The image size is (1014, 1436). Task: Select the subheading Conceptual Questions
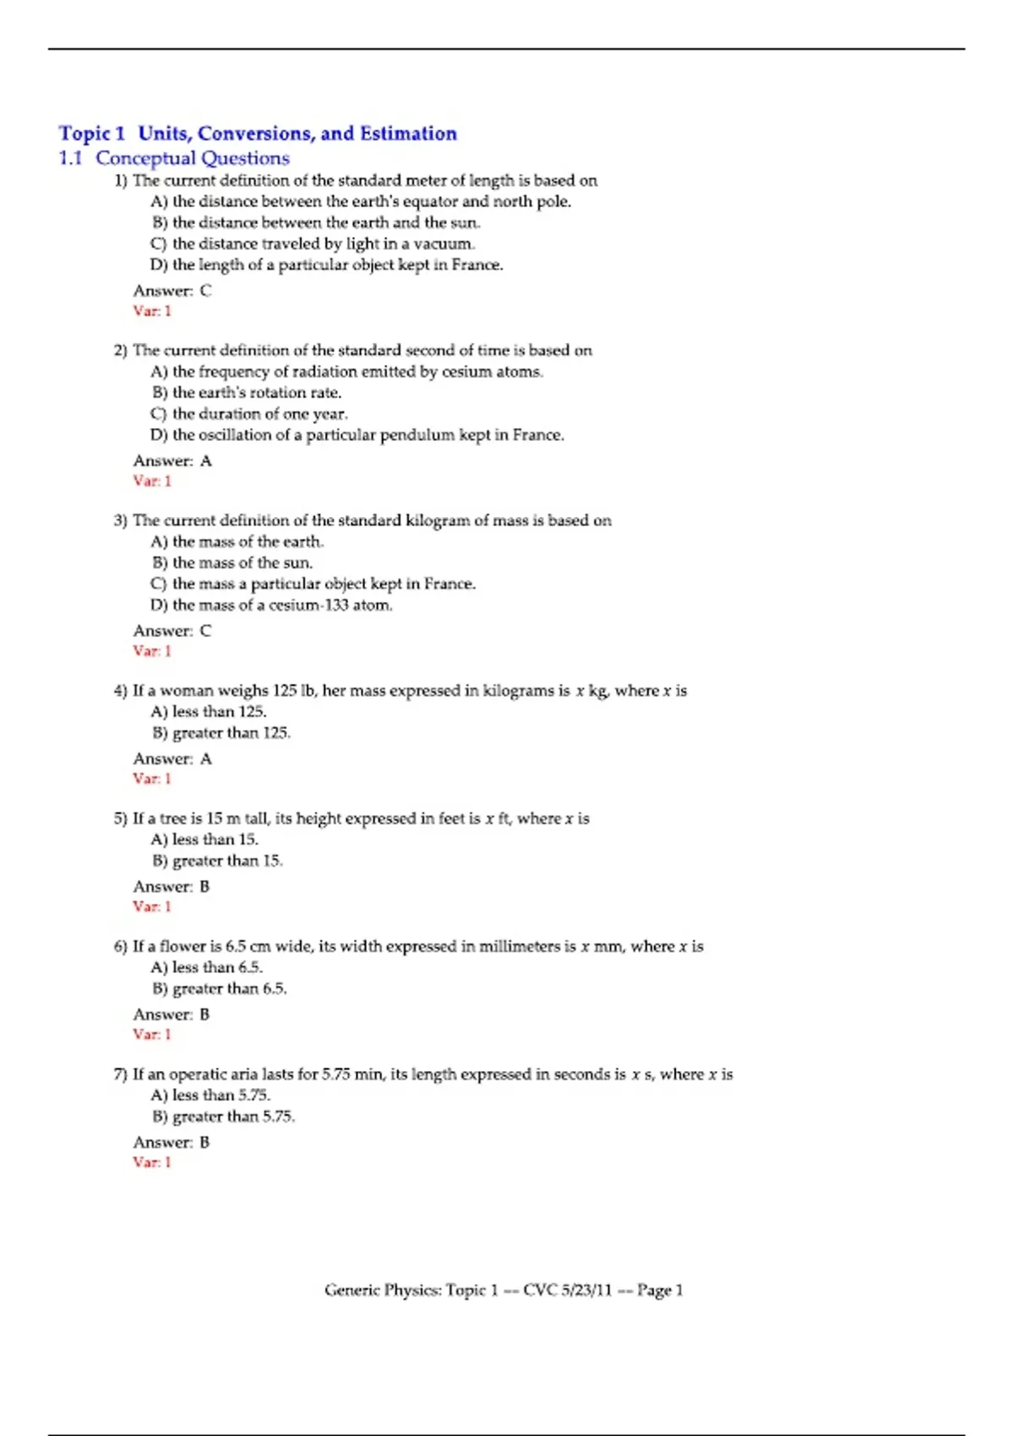point(193,158)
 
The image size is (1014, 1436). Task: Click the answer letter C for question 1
point(205,291)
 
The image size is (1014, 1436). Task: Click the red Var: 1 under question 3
point(152,651)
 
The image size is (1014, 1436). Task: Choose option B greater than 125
point(221,733)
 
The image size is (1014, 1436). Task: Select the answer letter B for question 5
point(204,887)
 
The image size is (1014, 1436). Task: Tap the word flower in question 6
point(190,946)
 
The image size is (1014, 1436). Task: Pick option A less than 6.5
point(207,967)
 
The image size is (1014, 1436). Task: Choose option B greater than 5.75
point(224,1117)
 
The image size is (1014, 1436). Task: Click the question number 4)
point(120,691)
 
